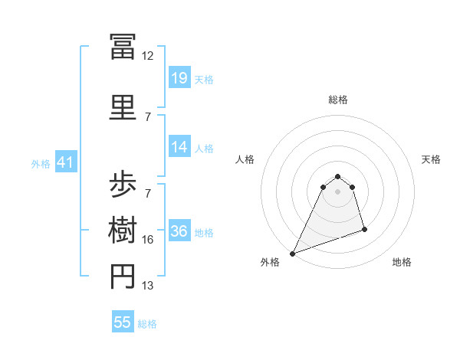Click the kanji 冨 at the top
coord(123,46)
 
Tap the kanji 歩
coord(123,185)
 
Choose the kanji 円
coord(123,277)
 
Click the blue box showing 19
coord(179,78)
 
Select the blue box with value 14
coord(179,147)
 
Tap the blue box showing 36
coord(179,231)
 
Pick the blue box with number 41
coord(65,162)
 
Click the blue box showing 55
coord(123,322)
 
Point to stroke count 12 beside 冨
coord(148,56)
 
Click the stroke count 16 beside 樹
coord(148,240)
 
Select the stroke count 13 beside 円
coord(148,286)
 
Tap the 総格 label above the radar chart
coord(337,100)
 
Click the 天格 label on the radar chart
coord(431,159)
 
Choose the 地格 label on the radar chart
coord(402,262)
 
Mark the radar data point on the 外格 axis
coord(292,254)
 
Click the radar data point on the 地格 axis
coord(364,229)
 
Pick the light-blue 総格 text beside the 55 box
coord(147,324)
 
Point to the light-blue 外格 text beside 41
coord(41,164)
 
